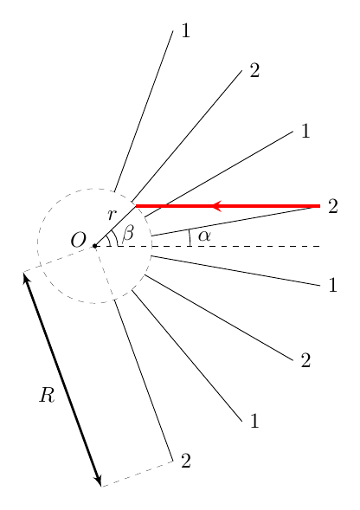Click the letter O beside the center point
pyautogui.click(x=79, y=241)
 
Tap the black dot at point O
pyautogui.click(x=94, y=246)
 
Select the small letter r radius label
pyautogui.click(x=112, y=215)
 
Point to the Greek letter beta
pyautogui.click(x=128, y=233)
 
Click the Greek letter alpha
pyautogui.click(x=204, y=236)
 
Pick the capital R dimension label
pyautogui.click(x=47, y=395)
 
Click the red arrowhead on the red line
pyautogui.click(x=217, y=205)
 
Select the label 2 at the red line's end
pyautogui.click(x=333, y=206)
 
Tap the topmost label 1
pyautogui.click(x=185, y=31)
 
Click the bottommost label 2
pyautogui.click(x=185, y=461)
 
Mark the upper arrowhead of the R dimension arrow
pyautogui.click(x=25, y=277)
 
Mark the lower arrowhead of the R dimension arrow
pyautogui.click(x=99, y=481)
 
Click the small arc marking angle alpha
pyautogui.click(x=190, y=237)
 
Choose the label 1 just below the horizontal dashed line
pyautogui.click(x=332, y=285)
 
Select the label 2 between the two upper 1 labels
pyautogui.click(x=254, y=70)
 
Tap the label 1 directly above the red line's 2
pyautogui.click(x=305, y=131)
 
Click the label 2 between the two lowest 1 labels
pyautogui.click(x=305, y=360)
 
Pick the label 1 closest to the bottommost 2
pyautogui.click(x=254, y=421)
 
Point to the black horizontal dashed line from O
pyautogui.click(x=208, y=246)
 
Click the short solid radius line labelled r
pyautogui.click(x=115, y=226)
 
